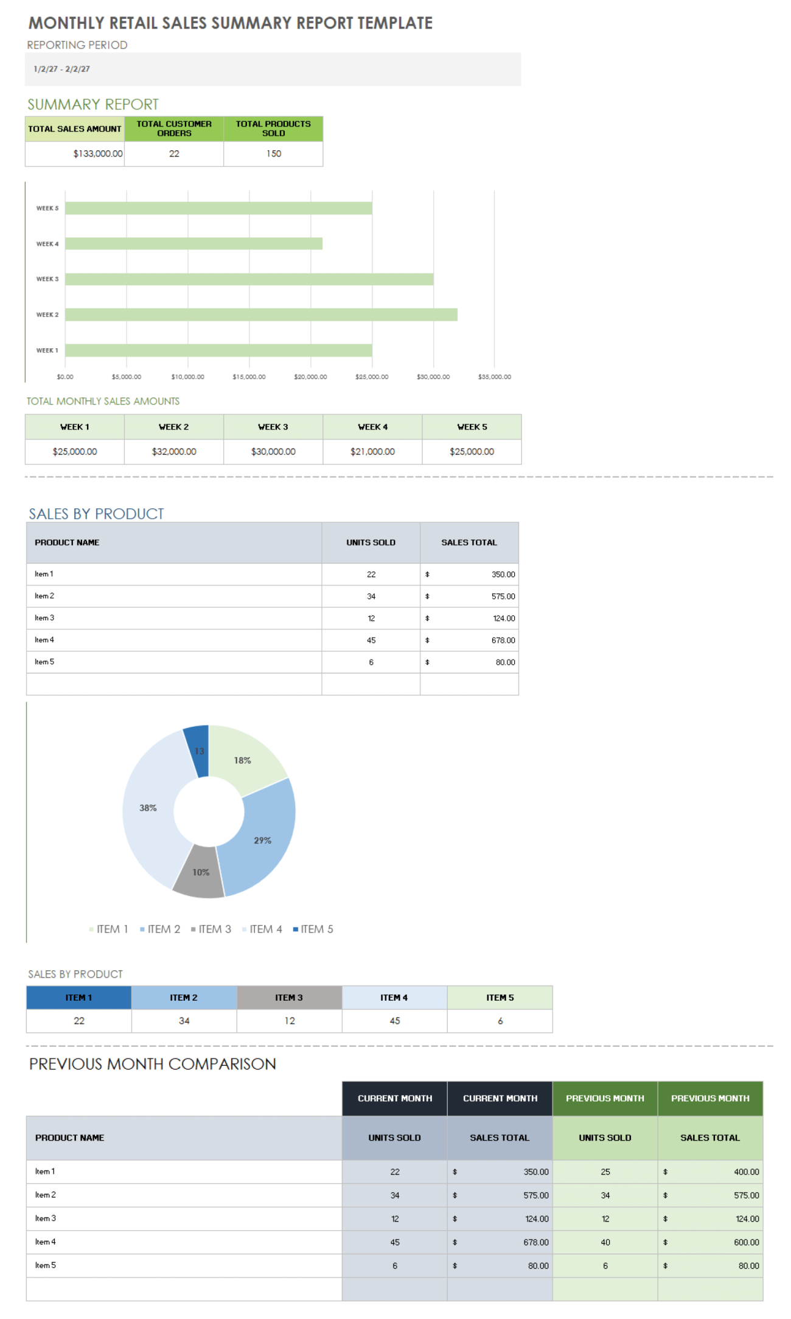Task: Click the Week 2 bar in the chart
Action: coord(261,315)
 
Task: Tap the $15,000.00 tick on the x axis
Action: coord(249,377)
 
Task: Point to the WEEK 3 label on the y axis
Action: coord(47,279)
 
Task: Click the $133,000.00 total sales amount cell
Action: coord(97,154)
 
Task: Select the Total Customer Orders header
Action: coord(174,128)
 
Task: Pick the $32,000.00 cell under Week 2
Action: coord(174,452)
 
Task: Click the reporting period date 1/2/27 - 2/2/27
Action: coord(61,69)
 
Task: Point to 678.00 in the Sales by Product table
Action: coord(503,640)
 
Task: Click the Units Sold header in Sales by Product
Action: coord(371,542)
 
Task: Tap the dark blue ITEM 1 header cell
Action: coord(78,998)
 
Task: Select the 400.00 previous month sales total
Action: coord(746,1172)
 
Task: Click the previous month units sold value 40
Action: coord(605,1242)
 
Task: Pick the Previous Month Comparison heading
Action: coord(153,1064)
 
